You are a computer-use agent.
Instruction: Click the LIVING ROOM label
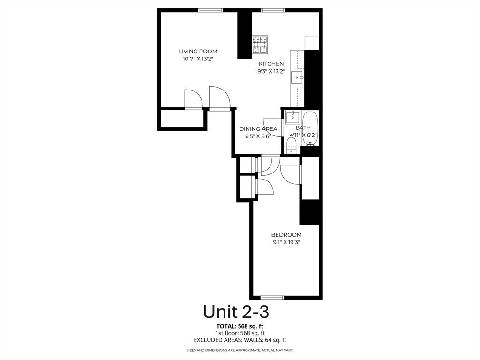pos(198,52)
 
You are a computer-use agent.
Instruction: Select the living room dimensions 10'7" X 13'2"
pos(198,59)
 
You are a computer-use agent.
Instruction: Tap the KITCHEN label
pos(271,64)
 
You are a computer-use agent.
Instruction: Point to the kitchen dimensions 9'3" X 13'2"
pos(271,72)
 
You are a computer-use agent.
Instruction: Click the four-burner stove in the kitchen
pos(260,45)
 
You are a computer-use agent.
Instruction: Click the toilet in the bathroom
pos(292,144)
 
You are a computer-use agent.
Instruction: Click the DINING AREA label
pos(258,129)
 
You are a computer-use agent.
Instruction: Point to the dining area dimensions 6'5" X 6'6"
pos(258,136)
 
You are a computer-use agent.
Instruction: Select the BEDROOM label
pos(286,235)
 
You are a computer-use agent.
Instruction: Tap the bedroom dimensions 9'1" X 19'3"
pos(286,242)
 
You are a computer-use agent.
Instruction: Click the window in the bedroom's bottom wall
pos(272,297)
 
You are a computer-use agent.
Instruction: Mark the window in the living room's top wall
pos(210,10)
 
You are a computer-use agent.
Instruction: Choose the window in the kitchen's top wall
pos(273,10)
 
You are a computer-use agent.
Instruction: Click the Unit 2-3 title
pos(236,311)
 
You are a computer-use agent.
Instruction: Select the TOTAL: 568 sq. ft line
pos(240,326)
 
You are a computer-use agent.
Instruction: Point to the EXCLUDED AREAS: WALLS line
pos(240,340)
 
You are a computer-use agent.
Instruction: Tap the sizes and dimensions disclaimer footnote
pos(240,350)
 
